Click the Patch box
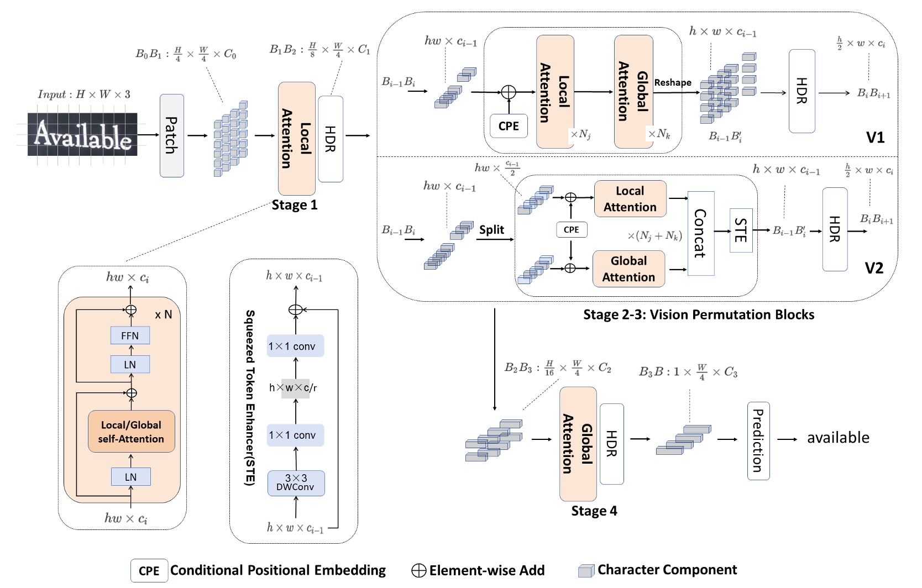click(x=172, y=135)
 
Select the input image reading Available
click(x=82, y=134)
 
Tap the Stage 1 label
click(x=295, y=205)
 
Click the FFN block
click(x=130, y=335)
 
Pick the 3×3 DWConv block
click(x=296, y=483)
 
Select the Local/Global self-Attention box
click(x=132, y=432)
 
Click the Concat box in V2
click(x=701, y=233)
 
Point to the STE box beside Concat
click(x=741, y=230)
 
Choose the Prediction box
click(x=758, y=441)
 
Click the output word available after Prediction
click(x=838, y=438)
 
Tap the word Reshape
click(x=673, y=82)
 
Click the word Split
click(x=491, y=230)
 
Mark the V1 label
click(x=875, y=137)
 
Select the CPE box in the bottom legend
click(x=149, y=571)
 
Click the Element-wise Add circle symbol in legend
click(x=419, y=571)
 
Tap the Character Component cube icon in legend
click(x=586, y=571)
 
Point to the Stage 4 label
click(x=594, y=511)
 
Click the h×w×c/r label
click(x=294, y=388)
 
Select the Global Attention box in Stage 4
click(x=578, y=444)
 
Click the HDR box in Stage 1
click(x=331, y=139)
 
